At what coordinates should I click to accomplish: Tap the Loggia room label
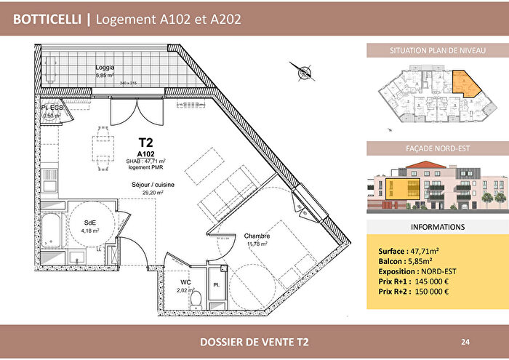[105, 67]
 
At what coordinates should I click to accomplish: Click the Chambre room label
[257, 236]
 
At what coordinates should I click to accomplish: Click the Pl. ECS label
[52, 107]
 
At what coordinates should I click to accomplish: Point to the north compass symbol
[299, 70]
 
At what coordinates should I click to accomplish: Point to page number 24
[465, 341]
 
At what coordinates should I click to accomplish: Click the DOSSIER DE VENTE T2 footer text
[254, 341]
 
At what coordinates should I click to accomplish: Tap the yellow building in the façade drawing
[398, 188]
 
